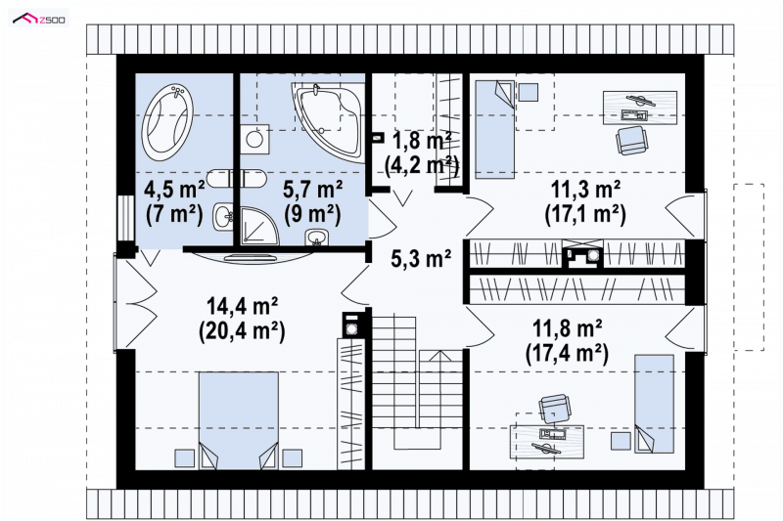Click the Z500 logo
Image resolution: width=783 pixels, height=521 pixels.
coord(39,19)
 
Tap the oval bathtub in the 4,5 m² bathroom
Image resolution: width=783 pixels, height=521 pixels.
coord(167,122)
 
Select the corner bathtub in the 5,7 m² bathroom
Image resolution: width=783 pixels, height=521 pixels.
coord(328,122)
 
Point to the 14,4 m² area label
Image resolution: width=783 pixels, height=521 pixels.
coord(242,306)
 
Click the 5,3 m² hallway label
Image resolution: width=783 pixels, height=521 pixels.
coord(421,258)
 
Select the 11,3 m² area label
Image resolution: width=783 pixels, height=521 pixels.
coord(585,190)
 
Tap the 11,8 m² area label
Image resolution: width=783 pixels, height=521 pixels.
coord(567,328)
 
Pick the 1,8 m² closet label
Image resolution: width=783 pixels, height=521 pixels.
coord(422,141)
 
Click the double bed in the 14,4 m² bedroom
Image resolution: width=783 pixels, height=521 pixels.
coord(239,419)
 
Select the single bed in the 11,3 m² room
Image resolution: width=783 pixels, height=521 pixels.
coord(494,130)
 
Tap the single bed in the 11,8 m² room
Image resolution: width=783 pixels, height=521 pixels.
coord(654,404)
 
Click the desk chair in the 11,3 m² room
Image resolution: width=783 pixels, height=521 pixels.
coord(631,140)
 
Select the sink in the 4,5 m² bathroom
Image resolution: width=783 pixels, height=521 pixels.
coord(223,216)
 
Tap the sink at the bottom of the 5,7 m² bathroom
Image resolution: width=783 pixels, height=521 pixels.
coord(315,237)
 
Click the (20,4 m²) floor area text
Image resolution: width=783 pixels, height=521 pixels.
coord(242,330)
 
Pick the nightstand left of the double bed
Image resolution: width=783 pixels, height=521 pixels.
coord(184,458)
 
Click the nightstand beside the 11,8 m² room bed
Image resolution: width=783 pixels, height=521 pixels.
coord(621,441)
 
